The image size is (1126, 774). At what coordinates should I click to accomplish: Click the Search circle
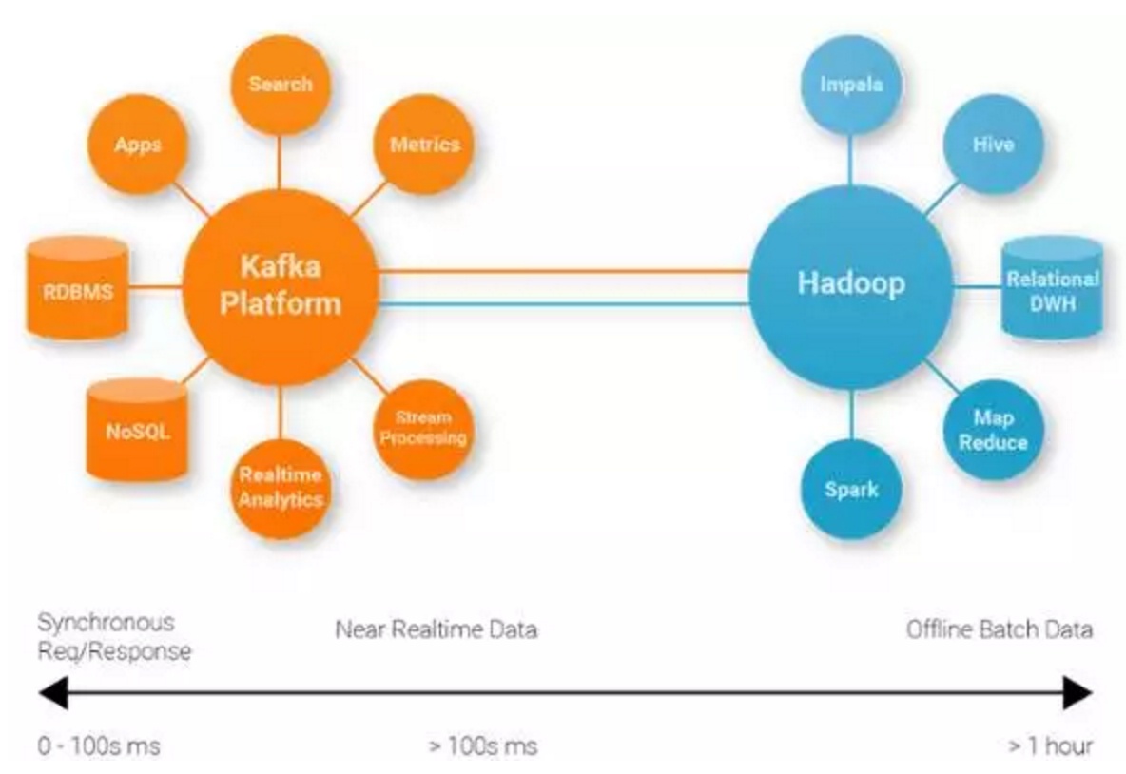click(281, 84)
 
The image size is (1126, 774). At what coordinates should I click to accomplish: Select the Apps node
click(138, 145)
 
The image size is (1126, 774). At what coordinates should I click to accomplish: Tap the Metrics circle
click(424, 145)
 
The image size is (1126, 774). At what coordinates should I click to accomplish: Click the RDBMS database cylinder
click(78, 288)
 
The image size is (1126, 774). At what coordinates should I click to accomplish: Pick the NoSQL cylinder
click(137, 430)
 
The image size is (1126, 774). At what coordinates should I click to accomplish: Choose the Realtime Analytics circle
click(281, 488)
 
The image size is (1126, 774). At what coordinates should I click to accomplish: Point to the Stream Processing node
click(424, 430)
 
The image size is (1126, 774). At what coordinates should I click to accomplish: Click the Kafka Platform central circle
click(281, 287)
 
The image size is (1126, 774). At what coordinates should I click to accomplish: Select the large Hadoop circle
click(851, 287)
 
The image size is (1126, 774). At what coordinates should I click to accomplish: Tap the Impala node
click(851, 84)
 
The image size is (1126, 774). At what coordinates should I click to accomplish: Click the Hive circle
click(993, 145)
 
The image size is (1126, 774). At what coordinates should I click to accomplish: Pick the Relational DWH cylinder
click(1052, 288)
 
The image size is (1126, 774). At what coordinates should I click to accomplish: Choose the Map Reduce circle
click(993, 430)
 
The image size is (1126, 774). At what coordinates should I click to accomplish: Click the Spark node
click(851, 489)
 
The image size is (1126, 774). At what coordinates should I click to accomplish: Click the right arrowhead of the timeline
click(1077, 693)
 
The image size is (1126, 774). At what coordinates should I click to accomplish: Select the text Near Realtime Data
click(437, 629)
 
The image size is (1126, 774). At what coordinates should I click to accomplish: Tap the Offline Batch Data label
click(999, 629)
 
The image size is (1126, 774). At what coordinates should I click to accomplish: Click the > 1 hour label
click(1051, 746)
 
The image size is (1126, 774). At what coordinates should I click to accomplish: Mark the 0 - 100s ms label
click(99, 746)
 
